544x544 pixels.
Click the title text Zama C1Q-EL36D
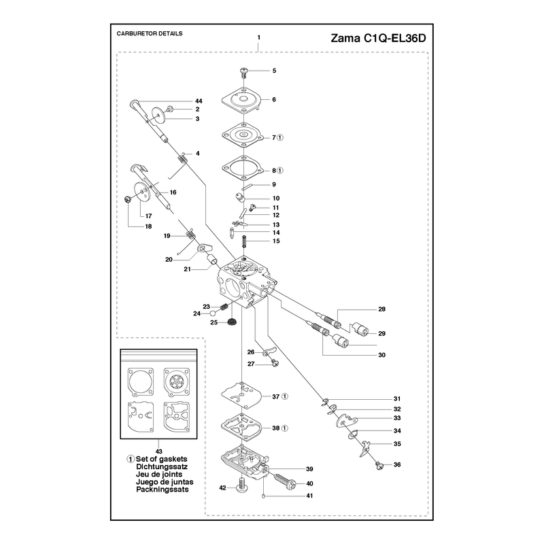coord(378,38)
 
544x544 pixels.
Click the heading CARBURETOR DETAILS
coord(150,33)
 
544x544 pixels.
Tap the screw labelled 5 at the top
coord(245,71)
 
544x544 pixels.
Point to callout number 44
coord(199,101)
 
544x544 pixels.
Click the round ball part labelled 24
coord(213,313)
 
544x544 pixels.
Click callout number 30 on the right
coord(381,355)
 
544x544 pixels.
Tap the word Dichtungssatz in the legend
coord(162,466)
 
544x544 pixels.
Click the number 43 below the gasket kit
coord(159,452)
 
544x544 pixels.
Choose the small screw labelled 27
coord(275,363)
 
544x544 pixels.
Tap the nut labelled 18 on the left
coord(127,199)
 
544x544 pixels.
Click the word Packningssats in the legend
coord(163,490)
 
